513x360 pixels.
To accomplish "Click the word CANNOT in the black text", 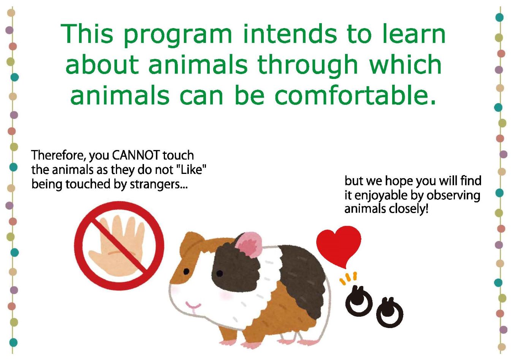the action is pos(136,155).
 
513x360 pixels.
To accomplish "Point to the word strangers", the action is pos(158,185).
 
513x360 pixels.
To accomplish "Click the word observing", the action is pos(453,196).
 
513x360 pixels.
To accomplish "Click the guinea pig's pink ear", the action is pos(249,244).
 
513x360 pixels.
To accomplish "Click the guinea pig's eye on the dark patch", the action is pos(220,273).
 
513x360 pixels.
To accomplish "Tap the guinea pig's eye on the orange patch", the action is pos(186,272).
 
